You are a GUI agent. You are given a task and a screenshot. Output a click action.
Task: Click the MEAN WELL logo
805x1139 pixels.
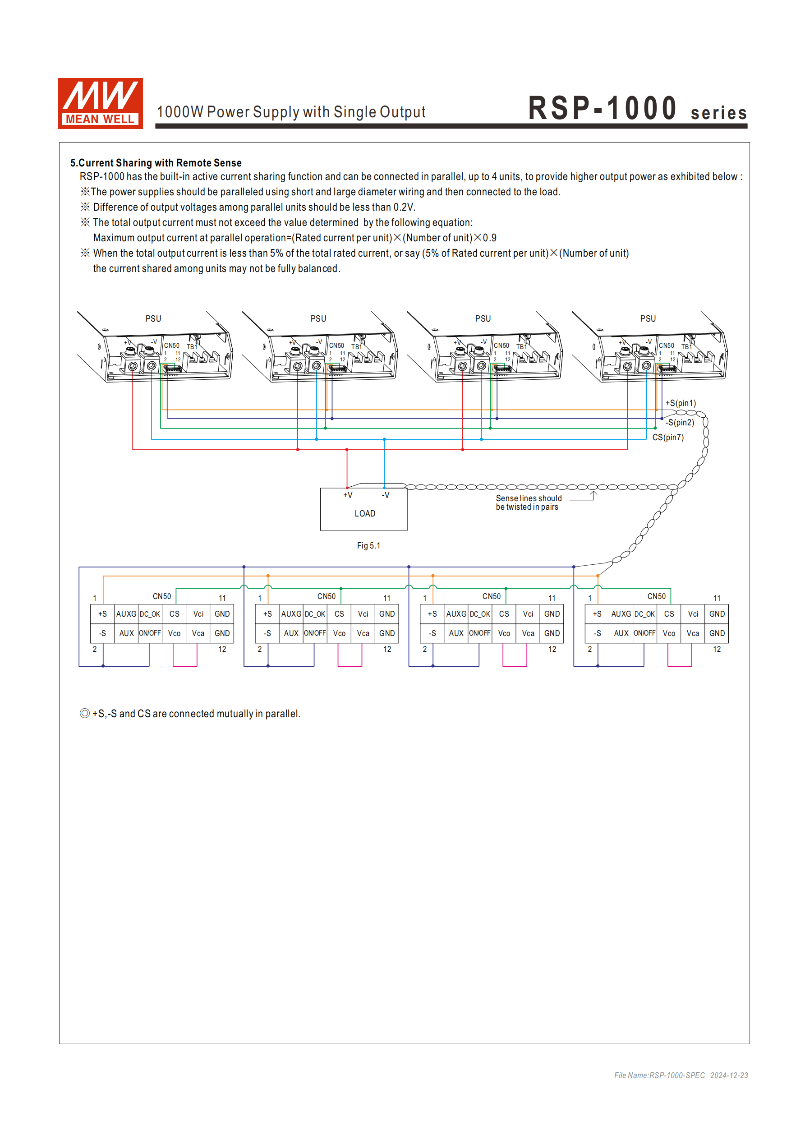pos(100,103)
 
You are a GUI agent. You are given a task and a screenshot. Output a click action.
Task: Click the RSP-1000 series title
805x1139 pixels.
pos(637,109)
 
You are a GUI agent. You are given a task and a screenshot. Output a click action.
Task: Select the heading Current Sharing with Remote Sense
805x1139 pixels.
pos(156,163)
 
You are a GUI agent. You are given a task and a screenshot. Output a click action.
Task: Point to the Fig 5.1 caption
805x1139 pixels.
pos(368,546)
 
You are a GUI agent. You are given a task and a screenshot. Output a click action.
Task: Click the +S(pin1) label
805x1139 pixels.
pos(681,403)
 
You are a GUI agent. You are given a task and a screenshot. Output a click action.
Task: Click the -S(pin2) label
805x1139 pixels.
pos(680,422)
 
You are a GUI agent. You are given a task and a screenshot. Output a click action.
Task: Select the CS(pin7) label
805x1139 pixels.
pos(667,437)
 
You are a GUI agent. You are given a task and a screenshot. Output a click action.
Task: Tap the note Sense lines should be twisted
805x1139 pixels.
pos(528,502)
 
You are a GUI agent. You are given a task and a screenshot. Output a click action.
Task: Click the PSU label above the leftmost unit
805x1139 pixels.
pos(153,318)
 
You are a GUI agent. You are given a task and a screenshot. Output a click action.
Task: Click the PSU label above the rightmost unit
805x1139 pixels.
pos(648,318)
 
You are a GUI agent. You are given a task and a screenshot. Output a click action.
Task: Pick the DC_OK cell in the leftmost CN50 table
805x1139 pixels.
pos(150,614)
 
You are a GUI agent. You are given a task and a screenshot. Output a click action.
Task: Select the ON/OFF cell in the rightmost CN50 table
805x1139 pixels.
pos(644,633)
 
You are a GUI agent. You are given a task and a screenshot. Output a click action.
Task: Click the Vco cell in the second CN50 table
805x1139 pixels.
pos(339,633)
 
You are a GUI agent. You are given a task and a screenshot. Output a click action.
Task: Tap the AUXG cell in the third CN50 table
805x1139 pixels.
pos(456,614)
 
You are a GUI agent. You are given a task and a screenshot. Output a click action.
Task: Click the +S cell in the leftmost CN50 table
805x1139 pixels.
pos(102,614)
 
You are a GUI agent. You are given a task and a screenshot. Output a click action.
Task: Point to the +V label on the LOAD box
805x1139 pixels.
pos(348,495)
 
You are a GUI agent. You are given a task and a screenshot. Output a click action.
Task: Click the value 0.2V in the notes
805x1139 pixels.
pos(404,208)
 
